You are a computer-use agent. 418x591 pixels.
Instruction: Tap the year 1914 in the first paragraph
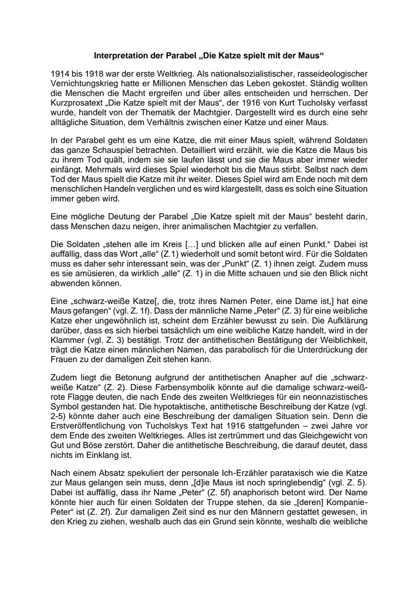[58, 74]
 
